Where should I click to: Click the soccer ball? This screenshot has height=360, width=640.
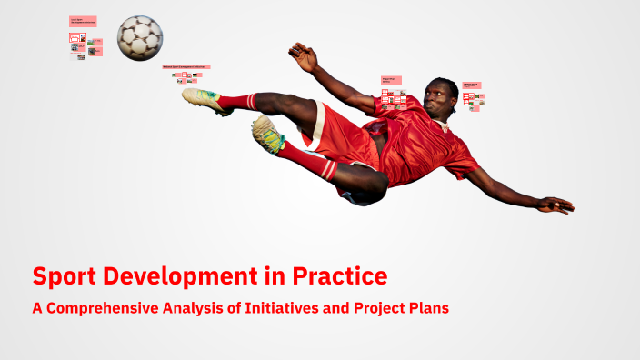point(139,37)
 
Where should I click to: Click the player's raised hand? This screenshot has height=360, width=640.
point(304,56)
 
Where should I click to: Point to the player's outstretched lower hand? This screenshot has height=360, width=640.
point(555,205)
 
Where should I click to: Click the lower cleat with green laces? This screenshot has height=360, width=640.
point(268,135)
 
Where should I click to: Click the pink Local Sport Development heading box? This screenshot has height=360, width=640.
point(83,21)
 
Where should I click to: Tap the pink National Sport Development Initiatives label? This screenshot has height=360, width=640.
point(186,66)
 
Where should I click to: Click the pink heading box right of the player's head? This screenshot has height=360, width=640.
point(472,85)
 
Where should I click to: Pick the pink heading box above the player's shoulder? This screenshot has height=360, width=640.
point(392,80)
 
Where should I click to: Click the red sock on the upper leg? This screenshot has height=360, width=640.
point(237,101)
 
